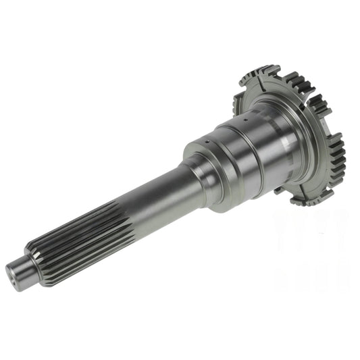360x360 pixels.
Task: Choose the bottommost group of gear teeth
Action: point(307,199)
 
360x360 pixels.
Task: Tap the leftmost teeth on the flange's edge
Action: point(238,101)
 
